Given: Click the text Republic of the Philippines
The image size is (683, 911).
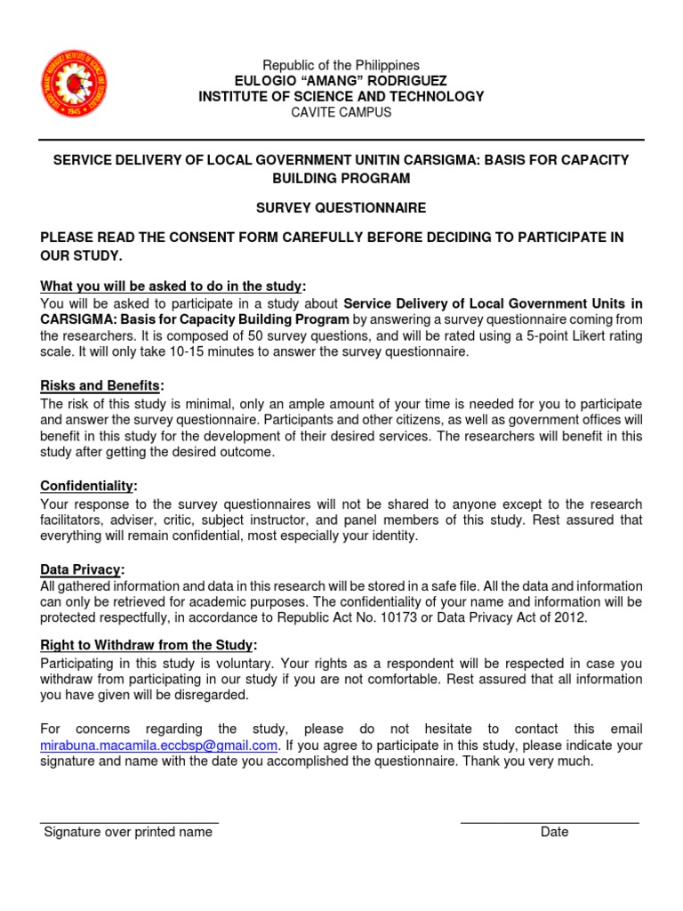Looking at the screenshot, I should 341,66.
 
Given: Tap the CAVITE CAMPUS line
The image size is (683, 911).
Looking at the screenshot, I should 341,112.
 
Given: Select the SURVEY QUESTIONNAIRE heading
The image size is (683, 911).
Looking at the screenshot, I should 341,207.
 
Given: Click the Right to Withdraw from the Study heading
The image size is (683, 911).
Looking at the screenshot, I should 149,644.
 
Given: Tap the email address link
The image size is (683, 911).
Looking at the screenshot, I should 160,745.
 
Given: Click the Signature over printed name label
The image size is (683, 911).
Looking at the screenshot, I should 128,832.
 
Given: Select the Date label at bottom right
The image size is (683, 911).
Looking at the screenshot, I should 554,832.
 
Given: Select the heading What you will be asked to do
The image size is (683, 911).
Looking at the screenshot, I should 173,286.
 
